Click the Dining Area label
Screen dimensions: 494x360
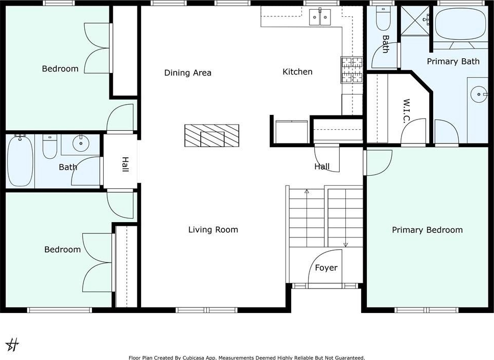coord(188,73)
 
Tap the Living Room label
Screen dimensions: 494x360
coord(213,230)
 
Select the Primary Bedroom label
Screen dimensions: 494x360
coord(427,230)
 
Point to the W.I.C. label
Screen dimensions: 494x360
coord(406,111)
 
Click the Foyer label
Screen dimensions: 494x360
coord(326,268)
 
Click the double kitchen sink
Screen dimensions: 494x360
coord(320,17)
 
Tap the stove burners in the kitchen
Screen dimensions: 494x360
coord(351,70)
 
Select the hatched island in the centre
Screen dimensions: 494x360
coord(211,135)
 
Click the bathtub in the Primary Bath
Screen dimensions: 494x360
coord(460,24)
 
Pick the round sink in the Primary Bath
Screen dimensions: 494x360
coord(478,94)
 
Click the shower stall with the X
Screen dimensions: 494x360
coord(415,21)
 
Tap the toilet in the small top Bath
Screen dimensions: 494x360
coord(383,18)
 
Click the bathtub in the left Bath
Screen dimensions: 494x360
coord(20,161)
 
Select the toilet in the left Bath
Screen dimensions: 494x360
coord(50,147)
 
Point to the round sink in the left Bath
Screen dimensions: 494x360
coord(81,143)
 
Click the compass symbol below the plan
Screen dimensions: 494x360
coord(12,345)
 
